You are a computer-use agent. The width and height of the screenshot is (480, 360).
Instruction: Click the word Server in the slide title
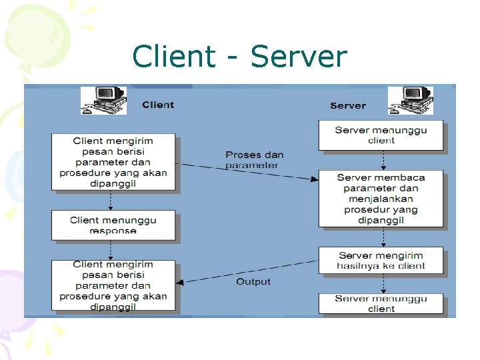(299, 57)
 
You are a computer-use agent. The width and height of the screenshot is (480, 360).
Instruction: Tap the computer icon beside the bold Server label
(410, 101)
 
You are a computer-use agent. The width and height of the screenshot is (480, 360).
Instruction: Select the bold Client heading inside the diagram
(158, 105)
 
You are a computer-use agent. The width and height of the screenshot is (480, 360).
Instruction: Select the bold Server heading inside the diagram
(348, 105)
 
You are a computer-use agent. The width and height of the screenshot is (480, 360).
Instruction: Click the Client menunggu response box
(113, 225)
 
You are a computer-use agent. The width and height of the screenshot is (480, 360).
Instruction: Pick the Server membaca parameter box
(381, 199)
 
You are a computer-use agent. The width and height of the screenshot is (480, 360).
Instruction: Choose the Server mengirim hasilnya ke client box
(381, 261)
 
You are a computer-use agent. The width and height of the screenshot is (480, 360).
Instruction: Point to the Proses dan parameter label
(254, 160)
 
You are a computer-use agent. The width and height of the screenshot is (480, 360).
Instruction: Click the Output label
(253, 282)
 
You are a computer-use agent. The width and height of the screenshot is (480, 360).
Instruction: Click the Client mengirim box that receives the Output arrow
(113, 285)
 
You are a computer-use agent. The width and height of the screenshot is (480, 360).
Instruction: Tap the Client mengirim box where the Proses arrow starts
(113, 162)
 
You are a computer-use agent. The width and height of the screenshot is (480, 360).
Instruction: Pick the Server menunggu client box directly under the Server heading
(381, 135)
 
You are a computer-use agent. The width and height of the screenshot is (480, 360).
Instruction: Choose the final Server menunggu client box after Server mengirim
(381, 304)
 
